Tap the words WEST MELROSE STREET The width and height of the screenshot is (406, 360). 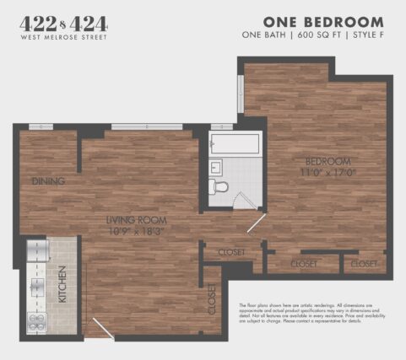point(63,38)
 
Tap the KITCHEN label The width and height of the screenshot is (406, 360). point(61,284)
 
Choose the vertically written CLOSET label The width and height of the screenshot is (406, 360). point(211,299)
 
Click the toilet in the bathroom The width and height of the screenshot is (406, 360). point(221,186)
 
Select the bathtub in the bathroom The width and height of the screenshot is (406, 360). point(235,145)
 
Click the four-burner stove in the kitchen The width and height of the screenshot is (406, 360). point(36,319)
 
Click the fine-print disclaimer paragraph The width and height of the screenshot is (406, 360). point(317,313)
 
